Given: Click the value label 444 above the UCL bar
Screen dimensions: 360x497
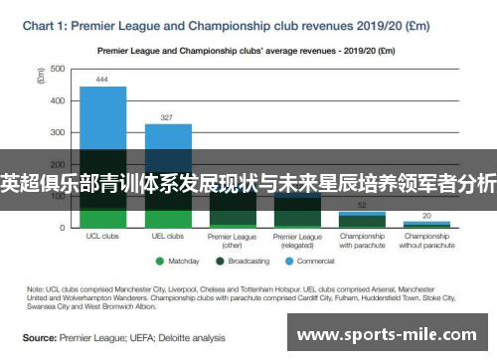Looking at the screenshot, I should (x=102, y=79).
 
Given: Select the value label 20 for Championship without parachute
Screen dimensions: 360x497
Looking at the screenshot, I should (x=427, y=215).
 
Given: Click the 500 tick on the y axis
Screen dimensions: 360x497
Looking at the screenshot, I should (x=57, y=69).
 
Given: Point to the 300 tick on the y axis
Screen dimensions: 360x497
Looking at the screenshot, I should (x=57, y=132).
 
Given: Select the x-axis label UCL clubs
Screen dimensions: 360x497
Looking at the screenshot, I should (x=102, y=237).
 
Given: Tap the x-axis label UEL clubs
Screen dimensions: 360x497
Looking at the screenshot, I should (x=168, y=237).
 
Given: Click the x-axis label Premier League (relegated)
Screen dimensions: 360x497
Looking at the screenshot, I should (x=297, y=241).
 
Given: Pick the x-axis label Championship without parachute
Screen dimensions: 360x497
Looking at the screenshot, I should (x=427, y=241).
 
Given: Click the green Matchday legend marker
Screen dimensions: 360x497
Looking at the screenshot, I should (x=159, y=262).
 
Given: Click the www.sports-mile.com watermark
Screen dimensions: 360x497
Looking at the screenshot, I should (x=391, y=334).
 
